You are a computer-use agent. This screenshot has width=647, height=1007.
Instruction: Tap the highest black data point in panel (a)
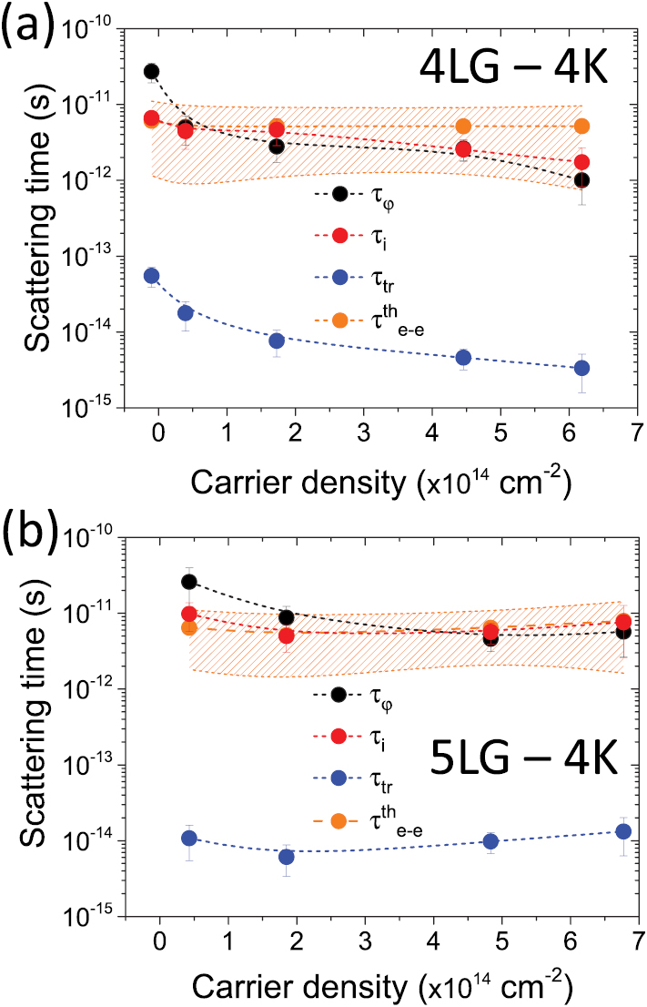click(151, 71)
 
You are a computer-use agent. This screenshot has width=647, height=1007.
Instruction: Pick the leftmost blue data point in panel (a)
click(151, 276)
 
